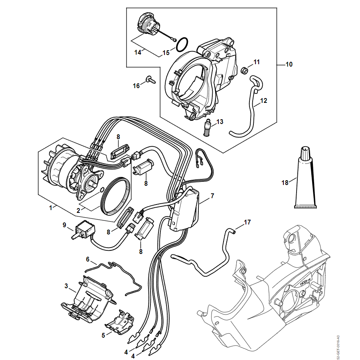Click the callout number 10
289,64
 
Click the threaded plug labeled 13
207,128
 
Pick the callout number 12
264,100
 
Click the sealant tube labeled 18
305,177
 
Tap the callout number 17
247,222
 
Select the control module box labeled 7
184,209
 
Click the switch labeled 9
84,230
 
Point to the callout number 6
87,259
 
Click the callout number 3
66,286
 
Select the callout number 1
51,208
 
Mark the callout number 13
220,122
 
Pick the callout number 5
103,335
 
